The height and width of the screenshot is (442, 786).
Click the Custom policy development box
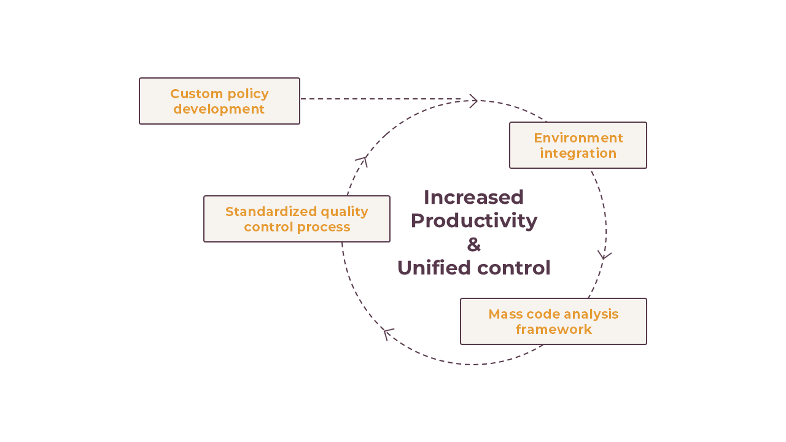point(219,101)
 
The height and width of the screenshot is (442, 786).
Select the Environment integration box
point(578,145)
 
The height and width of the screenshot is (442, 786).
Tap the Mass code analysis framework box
point(553,321)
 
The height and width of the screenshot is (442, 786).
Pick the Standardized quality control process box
point(297,219)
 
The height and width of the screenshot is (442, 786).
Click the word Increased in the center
point(473,197)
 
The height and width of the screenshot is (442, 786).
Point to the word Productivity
point(473,220)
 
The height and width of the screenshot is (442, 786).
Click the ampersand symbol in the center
point(473,244)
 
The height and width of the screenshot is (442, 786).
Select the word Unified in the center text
point(434,268)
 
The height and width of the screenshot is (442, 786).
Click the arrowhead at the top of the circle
point(473,101)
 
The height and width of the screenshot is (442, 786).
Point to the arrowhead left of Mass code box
point(387,333)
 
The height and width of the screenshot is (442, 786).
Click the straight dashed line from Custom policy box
point(381,99)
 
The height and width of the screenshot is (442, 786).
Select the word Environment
point(578,138)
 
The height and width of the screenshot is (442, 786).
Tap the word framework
point(553,329)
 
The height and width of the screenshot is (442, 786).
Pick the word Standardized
point(271,211)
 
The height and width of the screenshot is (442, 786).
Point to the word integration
point(578,153)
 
